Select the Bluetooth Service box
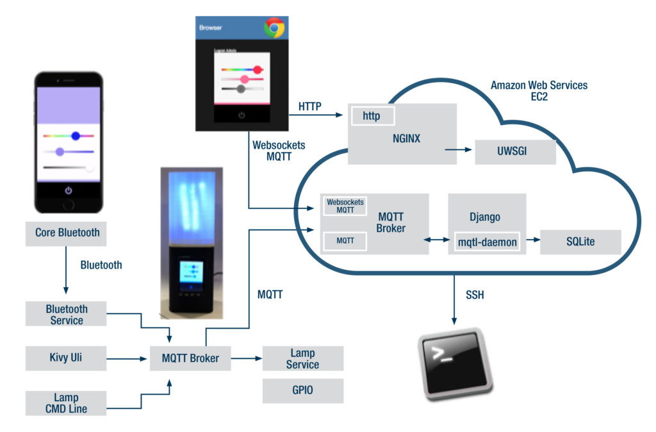tap(67, 314)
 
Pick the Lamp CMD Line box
tap(67, 403)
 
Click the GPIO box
tap(302, 390)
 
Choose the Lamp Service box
tap(302, 358)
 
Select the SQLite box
tap(580, 242)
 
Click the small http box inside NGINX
tap(372, 116)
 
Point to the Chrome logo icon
tap(274, 28)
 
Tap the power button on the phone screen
tap(69, 190)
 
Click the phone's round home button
tap(69, 206)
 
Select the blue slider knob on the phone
tap(76, 135)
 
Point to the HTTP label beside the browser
tap(311, 105)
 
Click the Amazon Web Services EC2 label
tap(539, 90)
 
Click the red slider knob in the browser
tap(258, 69)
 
